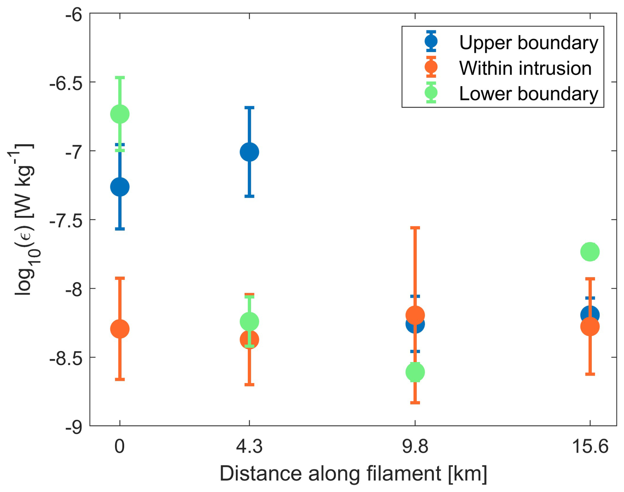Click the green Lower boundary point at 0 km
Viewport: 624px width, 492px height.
point(120,114)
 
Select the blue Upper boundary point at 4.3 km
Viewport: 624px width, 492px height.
point(249,152)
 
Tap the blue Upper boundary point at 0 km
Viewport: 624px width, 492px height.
point(120,187)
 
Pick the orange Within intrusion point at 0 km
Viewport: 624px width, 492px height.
point(120,329)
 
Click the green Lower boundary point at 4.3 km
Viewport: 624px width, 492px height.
point(249,321)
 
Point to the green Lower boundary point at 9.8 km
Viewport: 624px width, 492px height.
point(415,372)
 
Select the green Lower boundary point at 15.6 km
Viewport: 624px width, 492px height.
point(590,252)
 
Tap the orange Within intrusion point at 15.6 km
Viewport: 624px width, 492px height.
point(590,327)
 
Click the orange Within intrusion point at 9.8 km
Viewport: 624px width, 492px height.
point(415,315)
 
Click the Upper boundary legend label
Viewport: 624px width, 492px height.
point(528,43)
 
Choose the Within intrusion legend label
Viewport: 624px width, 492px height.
point(525,68)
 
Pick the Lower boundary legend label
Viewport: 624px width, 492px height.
point(528,94)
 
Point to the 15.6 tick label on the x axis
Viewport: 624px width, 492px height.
point(590,447)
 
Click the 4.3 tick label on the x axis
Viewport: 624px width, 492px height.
point(249,447)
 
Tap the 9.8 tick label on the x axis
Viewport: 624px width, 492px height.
point(415,447)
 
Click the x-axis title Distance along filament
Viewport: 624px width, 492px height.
point(353,474)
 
